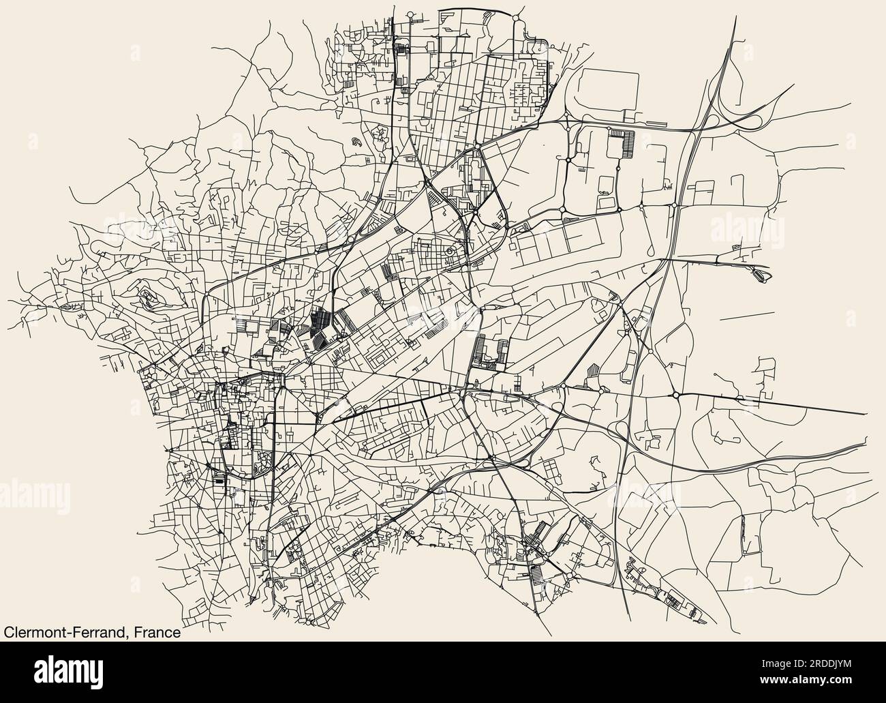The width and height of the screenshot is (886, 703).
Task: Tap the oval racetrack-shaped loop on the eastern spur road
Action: point(760,274)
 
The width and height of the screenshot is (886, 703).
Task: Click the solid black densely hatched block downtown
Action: point(318,324)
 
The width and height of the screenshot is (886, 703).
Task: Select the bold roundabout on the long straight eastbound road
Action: point(675,395)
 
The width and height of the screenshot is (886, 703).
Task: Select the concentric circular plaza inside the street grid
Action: point(450,252)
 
